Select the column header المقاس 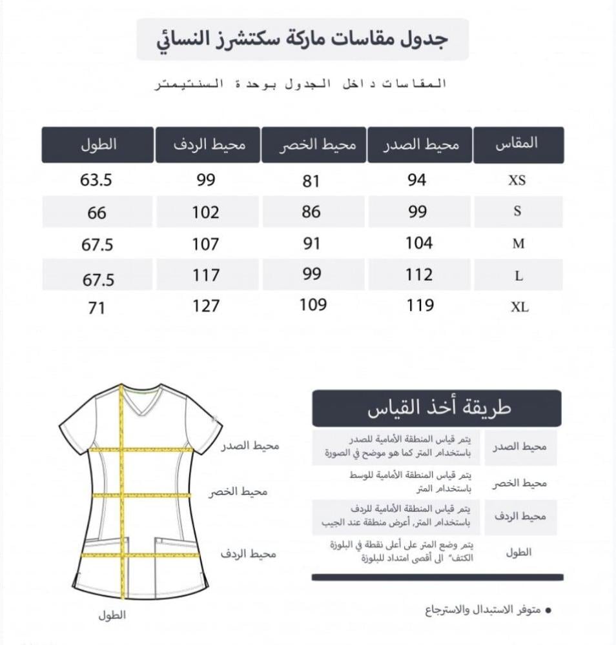coord(518,144)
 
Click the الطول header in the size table coord(98,144)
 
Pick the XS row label coord(517,181)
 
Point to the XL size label coord(519,308)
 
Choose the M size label coord(518,244)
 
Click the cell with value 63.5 coord(96,180)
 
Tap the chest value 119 coord(420,305)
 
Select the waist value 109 coord(313,304)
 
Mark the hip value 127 coord(206,306)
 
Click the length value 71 coord(96,308)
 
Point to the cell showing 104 coord(419,243)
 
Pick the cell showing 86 coord(311,212)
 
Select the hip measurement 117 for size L coord(206,275)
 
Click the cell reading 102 coord(206,212)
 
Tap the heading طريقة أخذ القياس coord(437,408)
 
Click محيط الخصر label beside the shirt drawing coord(238,492)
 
